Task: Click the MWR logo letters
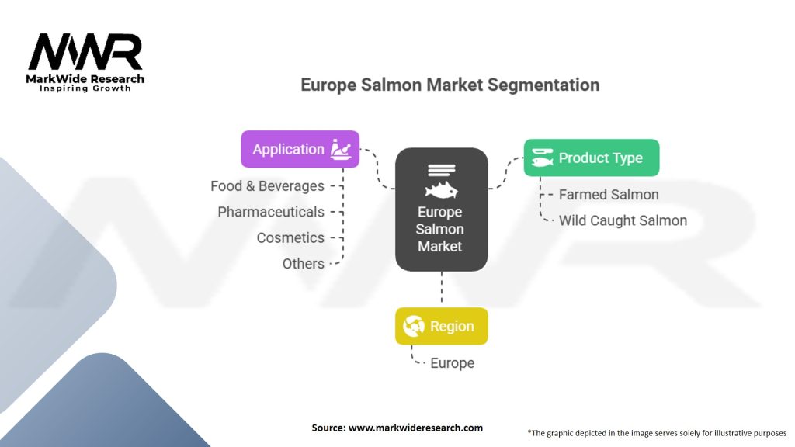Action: coord(85,53)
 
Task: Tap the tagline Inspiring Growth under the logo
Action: coord(85,88)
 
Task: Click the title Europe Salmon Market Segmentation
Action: coord(450,85)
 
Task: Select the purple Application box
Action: coord(300,149)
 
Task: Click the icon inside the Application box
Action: coord(342,149)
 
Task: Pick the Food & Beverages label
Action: coord(267,186)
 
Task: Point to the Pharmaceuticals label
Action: coord(271,212)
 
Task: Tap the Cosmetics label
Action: coord(290,237)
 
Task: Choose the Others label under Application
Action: coord(304,263)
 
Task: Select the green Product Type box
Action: coord(591,158)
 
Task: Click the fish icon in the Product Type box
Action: coord(543,158)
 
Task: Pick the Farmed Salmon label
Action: coord(609,195)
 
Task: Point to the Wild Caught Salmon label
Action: coord(623,220)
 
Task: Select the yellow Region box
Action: coord(441,327)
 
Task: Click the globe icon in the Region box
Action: coord(415,327)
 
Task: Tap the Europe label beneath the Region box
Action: coord(452,362)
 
